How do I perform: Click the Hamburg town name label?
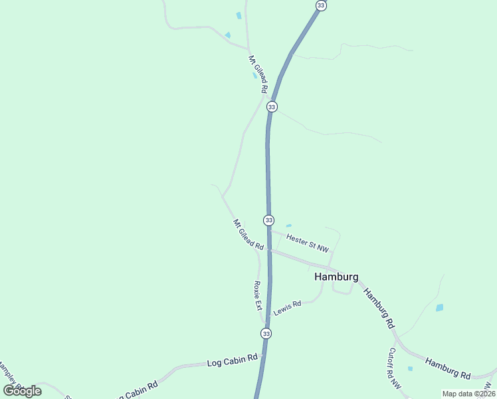click(x=336, y=277)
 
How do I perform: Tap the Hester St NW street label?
click(x=307, y=242)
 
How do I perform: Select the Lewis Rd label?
click(x=287, y=308)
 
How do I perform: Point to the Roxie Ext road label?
click(x=258, y=296)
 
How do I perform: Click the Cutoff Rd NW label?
click(x=395, y=367)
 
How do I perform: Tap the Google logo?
click(x=23, y=390)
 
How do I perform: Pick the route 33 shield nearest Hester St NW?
click(x=268, y=219)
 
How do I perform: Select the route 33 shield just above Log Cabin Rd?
click(x=266, y=333)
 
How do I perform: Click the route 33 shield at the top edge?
click(x=322, y=5)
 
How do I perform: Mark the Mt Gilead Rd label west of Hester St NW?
click(x=248, y=235)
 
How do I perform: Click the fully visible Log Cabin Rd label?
click(x=232, y=361)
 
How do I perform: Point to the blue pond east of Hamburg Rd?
click(x=439, y=308)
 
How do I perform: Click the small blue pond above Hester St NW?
click(x=288, y=225)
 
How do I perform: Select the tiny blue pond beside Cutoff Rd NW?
click(x=410, y=368)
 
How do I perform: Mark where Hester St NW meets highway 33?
click(x=269, y=231)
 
